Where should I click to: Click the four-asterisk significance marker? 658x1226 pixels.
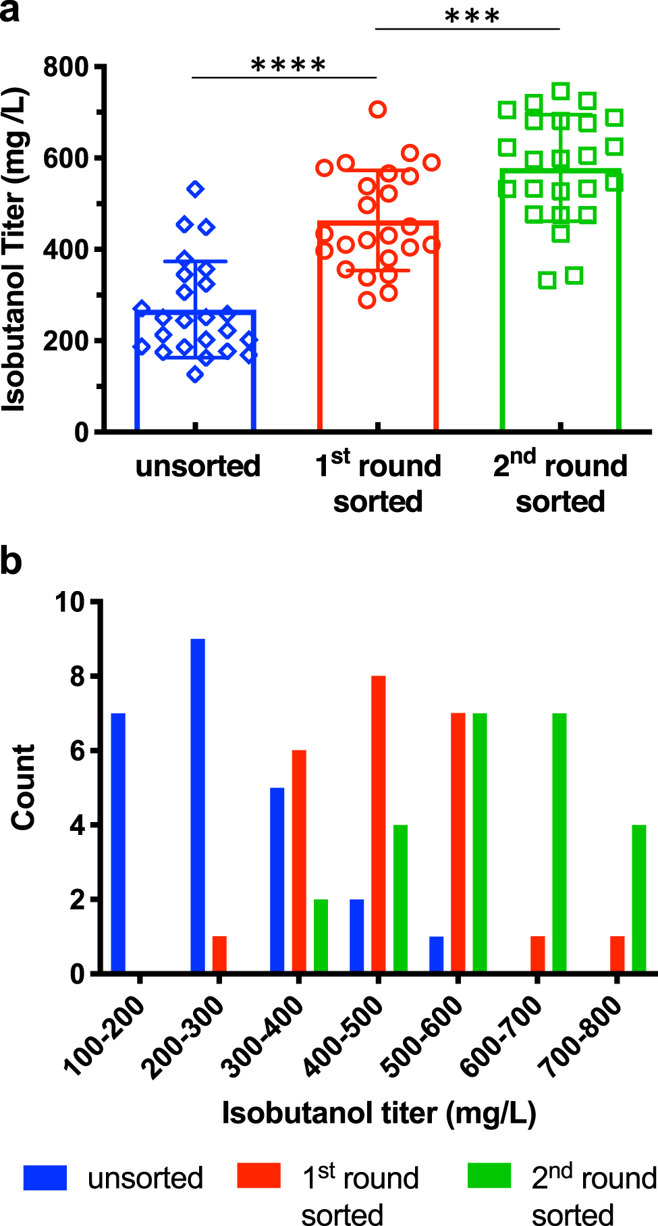pyautogui.click(x=288, y=66)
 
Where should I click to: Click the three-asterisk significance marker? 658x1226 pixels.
pyautogui.click(x=472, y=17)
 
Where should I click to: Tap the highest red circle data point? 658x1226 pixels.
pyautogui.click(x=378, y=109)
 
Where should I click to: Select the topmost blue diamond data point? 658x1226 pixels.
pyautogui.click(x=196, y=189)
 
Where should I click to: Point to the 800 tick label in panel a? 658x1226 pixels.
pyautogui.click(x=66, y=68)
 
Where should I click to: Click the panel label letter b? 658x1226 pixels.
pyautogui.click(x=11, y=562)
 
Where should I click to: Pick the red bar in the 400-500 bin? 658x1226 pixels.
pyautogui.click(x=379, y=824)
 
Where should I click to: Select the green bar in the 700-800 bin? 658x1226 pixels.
pyautogui.click(x=639, y=898)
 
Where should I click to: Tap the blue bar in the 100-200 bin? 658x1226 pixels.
pyautogui.click(x=118, y=843)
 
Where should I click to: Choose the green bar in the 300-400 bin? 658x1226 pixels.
pyautogui.click(x=321, y=936)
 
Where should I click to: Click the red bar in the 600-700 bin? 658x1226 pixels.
pyautogui.click(x=538, y=954)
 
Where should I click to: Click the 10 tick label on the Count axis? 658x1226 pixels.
pyautogui.click(x=70, y=602)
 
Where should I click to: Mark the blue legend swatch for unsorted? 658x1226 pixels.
pyautogui.click(x=45, y=1177)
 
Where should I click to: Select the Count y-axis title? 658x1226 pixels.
pyautogui.click(x=24, y=787)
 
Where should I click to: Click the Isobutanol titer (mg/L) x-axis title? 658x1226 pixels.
pyautogui.click(x=379, y=1113)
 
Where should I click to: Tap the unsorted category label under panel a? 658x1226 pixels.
pyautogui.click(x=198, y=466)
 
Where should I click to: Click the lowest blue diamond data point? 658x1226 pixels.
pyautogui.click(x=195, y=374)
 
